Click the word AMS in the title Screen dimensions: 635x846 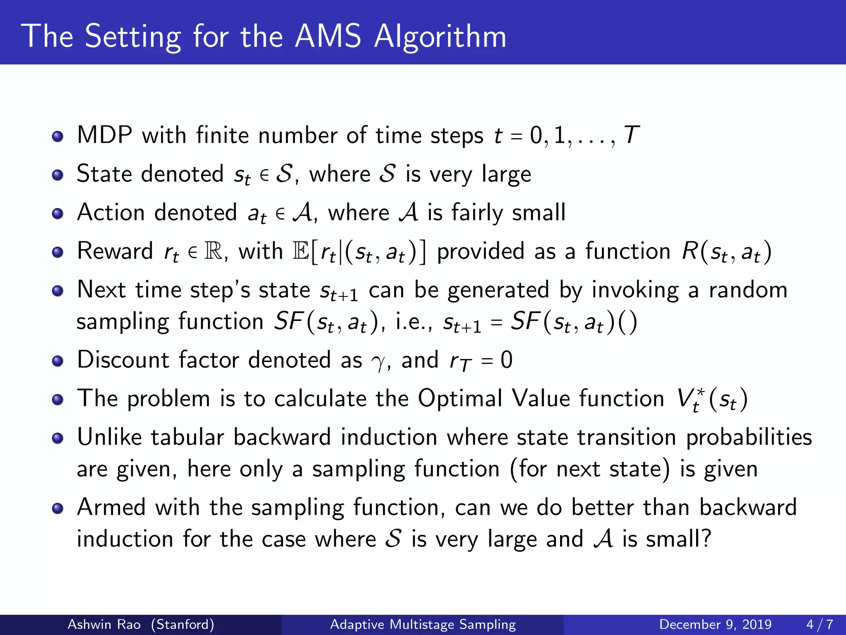[x=328, y=36]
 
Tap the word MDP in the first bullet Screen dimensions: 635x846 [x=105, y=135]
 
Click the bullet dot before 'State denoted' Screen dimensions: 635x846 [x=58, y=175]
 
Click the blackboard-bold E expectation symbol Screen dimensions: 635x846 [x=300, y=251]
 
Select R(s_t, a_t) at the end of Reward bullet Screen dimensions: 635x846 [x=726, y=252]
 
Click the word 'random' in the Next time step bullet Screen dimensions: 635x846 [x=748, y=290]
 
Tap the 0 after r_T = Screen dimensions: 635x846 [x=506, y=360]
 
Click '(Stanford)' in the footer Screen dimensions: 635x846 [x=183, y=624]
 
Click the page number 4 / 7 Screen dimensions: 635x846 [x=820, y=624]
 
